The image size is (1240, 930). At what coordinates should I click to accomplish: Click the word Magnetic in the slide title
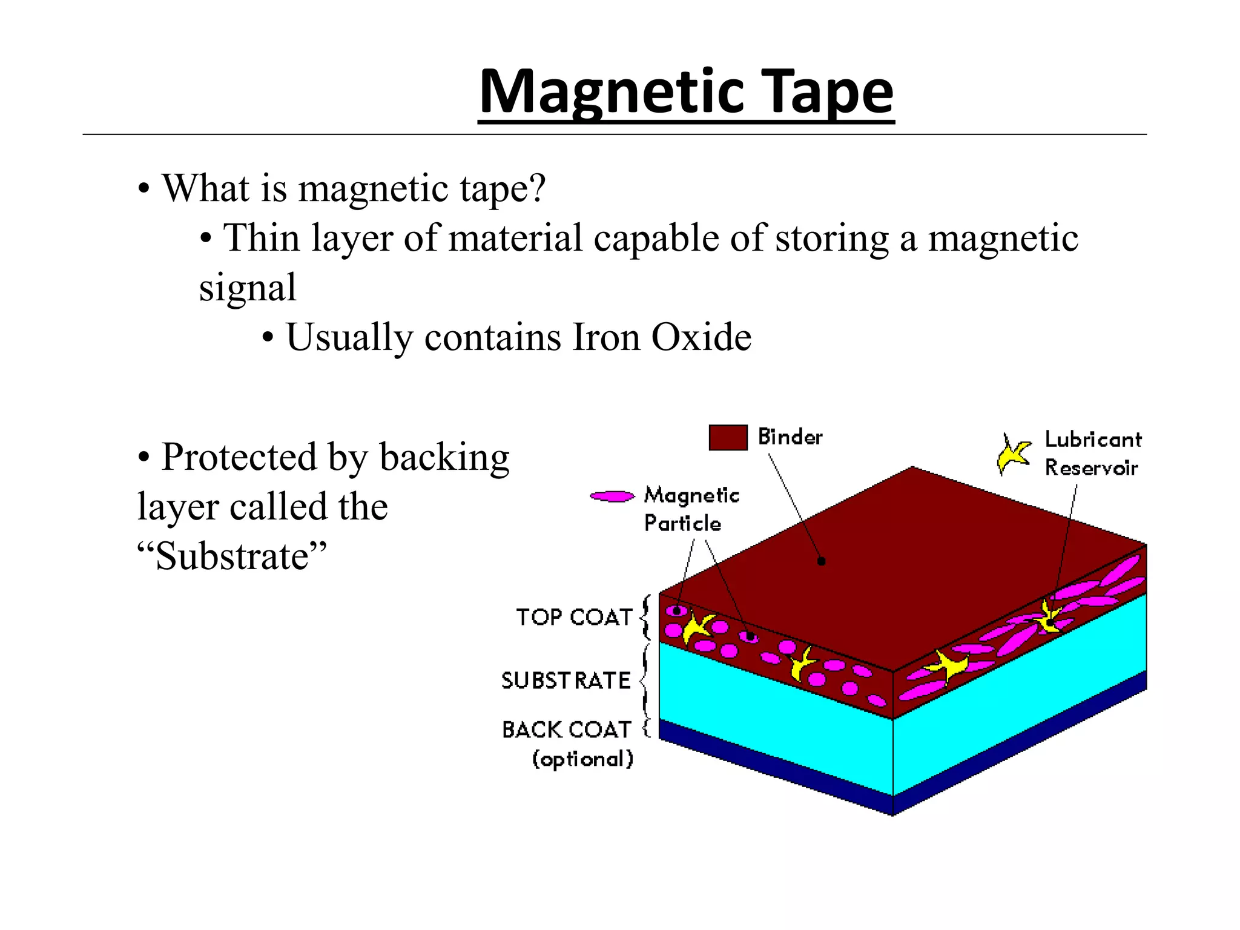[x=612, y=92]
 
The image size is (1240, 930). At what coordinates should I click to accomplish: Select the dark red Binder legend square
[x=728, y=437]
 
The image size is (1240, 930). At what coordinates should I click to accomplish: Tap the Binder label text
[x=790, y=437]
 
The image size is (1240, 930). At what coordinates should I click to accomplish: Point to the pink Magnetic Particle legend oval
[x=612, y=496]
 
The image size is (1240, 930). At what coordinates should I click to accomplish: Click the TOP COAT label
[x=574, y=617]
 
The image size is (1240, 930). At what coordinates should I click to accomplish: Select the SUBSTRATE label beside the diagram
[x=566, y=681]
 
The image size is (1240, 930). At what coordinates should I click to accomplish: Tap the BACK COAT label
[x=567, y=730]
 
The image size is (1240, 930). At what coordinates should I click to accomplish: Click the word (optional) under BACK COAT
[x=582, y=759]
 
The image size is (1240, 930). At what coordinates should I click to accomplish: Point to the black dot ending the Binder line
[x=822, y=561]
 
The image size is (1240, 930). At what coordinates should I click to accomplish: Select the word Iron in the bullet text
[x=606, y=337]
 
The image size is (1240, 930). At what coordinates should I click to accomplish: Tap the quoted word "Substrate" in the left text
[x=232, y=556]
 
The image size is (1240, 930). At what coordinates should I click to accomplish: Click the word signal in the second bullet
[x=248, y=288]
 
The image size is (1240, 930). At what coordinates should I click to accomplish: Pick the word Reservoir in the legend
[x=1091, y=468]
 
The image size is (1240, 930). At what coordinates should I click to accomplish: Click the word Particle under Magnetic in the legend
[x=682, y=523]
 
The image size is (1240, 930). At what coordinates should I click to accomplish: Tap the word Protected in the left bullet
[x=239, y=457]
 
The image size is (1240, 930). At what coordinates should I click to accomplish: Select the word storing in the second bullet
[x=832, y=238]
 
